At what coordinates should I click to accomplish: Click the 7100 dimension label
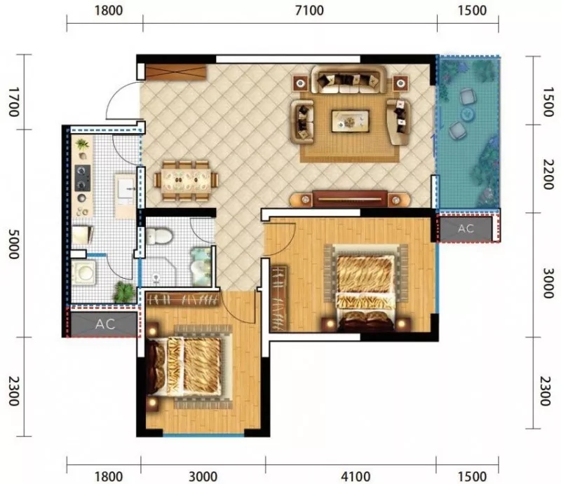[x=309, y=11]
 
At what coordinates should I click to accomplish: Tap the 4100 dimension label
[x=356, y=476]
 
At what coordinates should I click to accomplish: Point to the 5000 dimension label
[x=13, y=244]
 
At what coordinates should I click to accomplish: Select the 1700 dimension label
[x=13, y=102]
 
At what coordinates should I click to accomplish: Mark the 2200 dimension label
[x=547, y=175]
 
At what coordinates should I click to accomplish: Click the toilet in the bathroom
[x=159, y=236]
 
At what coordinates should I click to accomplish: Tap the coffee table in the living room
[x=350, y=121]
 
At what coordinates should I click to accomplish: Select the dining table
[x=186, y=181]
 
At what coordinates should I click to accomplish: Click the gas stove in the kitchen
[x=83, y=178]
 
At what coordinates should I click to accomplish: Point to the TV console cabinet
[x=349, y=199]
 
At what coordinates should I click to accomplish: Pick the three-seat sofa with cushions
[x=349, y=80]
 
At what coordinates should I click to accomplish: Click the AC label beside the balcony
[x=466, y=228]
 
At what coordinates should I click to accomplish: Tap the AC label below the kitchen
[x=105, y=324]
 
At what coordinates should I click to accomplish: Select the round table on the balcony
[x=466, y=114]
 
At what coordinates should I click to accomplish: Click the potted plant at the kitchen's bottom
[x=123, y=292]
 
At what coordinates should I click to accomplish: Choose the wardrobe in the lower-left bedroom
[x=182, y=299]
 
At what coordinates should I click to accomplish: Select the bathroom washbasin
[x=201, y=268]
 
